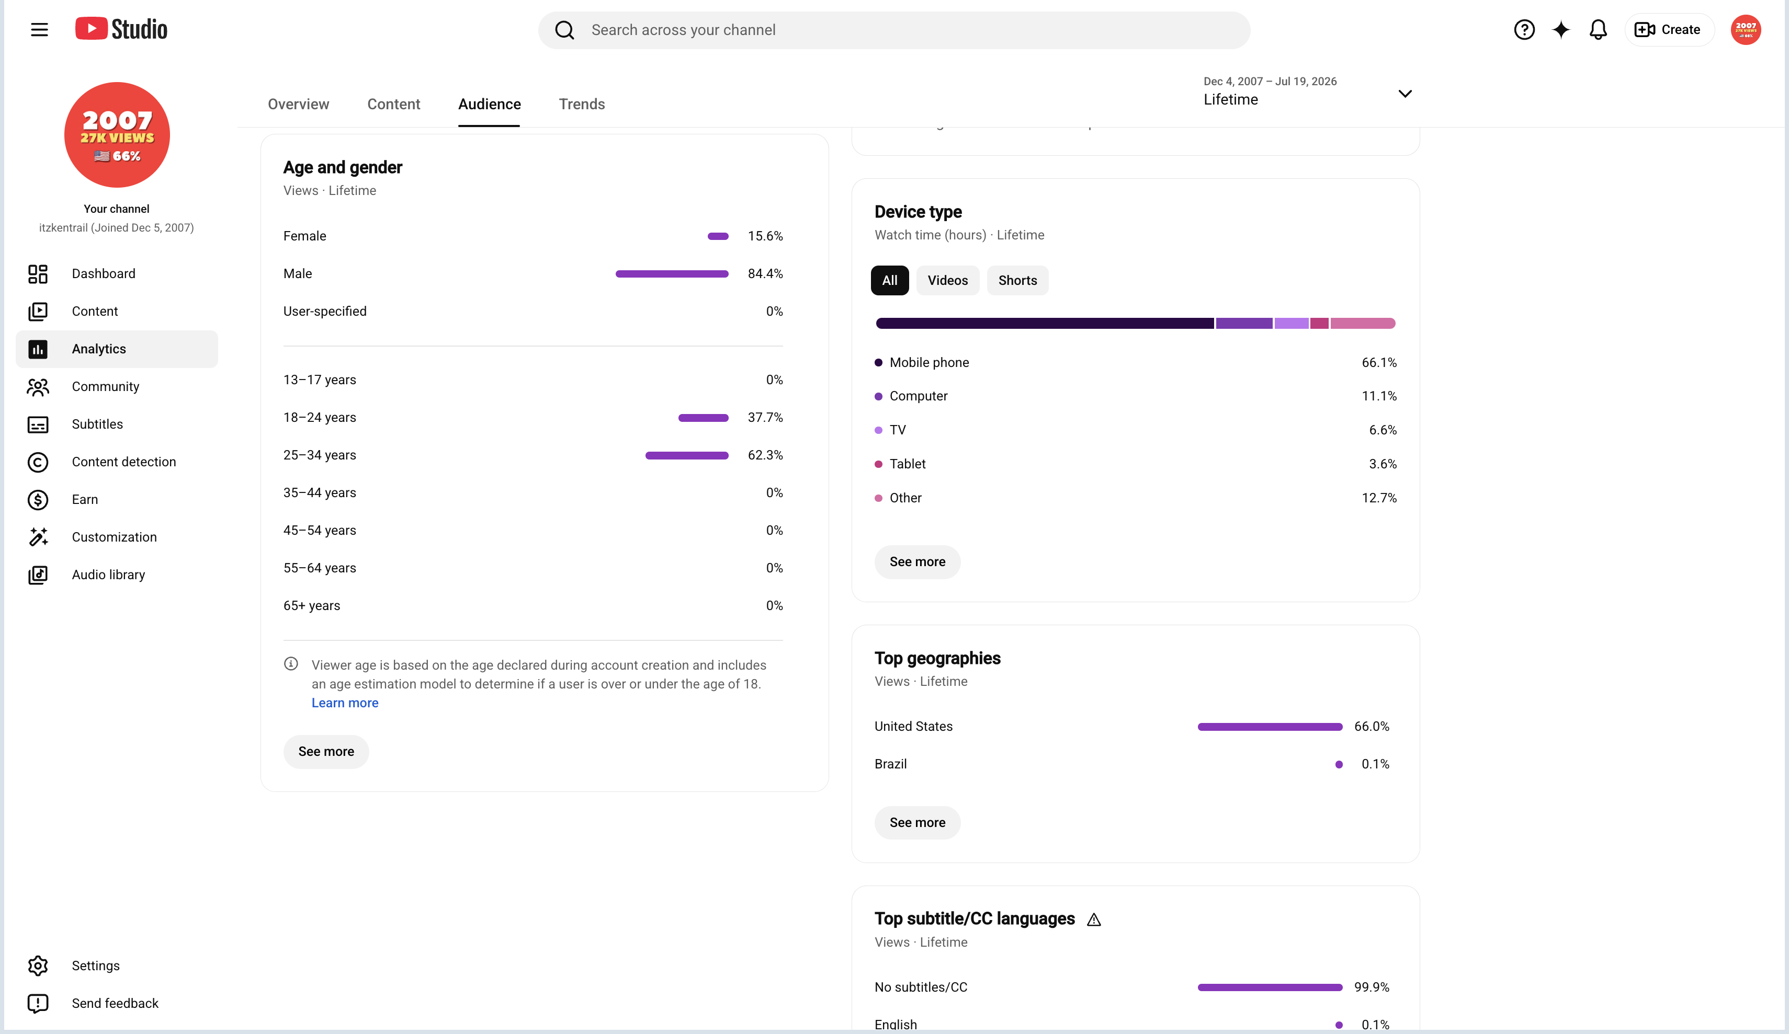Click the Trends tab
582,105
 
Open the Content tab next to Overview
393,105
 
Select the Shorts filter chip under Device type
1017,280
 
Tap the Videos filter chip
947,280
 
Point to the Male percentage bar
672,274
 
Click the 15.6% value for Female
765,236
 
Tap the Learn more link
345,703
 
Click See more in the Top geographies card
917,822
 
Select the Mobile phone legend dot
878,363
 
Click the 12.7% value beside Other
1379,498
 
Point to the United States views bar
1270,727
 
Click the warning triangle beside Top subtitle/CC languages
1094,920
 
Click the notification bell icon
1598,30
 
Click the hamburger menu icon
39,30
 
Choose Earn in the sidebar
85,500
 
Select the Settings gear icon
38,966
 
